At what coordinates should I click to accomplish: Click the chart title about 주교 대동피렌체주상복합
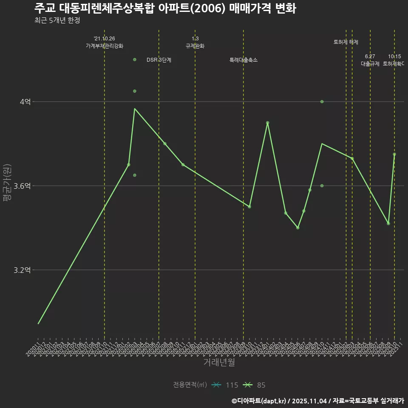(x=165, y=8)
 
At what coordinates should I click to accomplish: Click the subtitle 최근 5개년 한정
(x=57, y=20)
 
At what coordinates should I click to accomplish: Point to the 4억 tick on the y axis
(x=25, y=102)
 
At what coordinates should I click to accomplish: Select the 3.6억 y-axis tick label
(x=23, y=186)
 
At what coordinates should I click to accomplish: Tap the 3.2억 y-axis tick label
(x=23, y=270)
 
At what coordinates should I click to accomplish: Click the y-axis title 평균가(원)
(x=7, y=183)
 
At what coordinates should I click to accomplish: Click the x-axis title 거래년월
(x=219, y=363)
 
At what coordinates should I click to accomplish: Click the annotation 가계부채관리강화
(x=105, y=46)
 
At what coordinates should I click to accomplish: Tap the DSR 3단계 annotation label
(x=159, y=60)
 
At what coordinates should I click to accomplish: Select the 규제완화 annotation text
(x=195, y=46)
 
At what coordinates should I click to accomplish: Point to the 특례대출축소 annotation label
(x=244, y=60)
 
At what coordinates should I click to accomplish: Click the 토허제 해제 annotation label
(x=346, y=42)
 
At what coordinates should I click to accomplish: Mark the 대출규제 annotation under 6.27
(x=370, y=64)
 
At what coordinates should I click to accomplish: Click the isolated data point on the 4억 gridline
(x=322, y=102)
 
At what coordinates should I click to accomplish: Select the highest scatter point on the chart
(x=135, y=59)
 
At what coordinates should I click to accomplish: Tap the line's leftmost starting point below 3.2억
(x=38, y=324)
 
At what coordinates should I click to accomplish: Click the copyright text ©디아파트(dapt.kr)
(x=259, y=400)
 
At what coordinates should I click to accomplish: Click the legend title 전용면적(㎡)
(x=190, y=385)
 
